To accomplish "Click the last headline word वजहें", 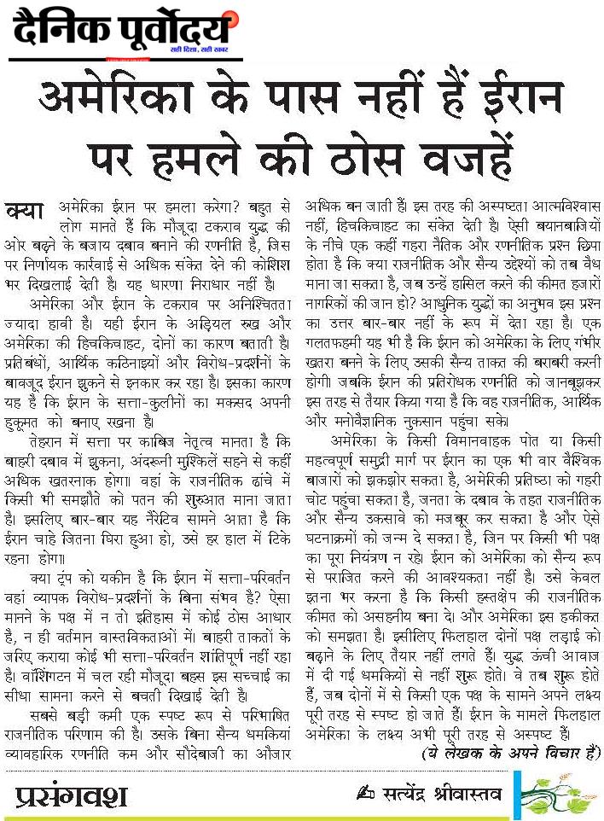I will [x=473, y=154].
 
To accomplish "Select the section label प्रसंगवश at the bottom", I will [x=73, y=796].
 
